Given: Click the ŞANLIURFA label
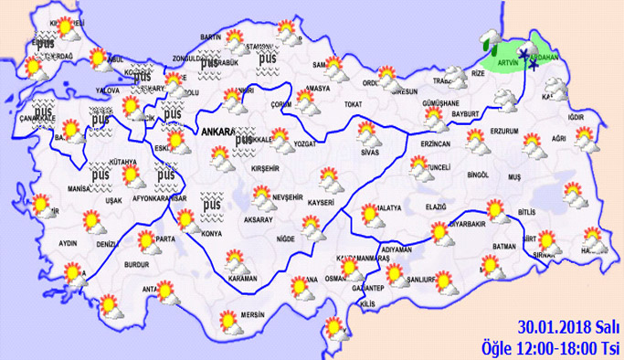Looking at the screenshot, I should [425, 280].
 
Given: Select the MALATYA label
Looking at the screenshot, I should [385, 208].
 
